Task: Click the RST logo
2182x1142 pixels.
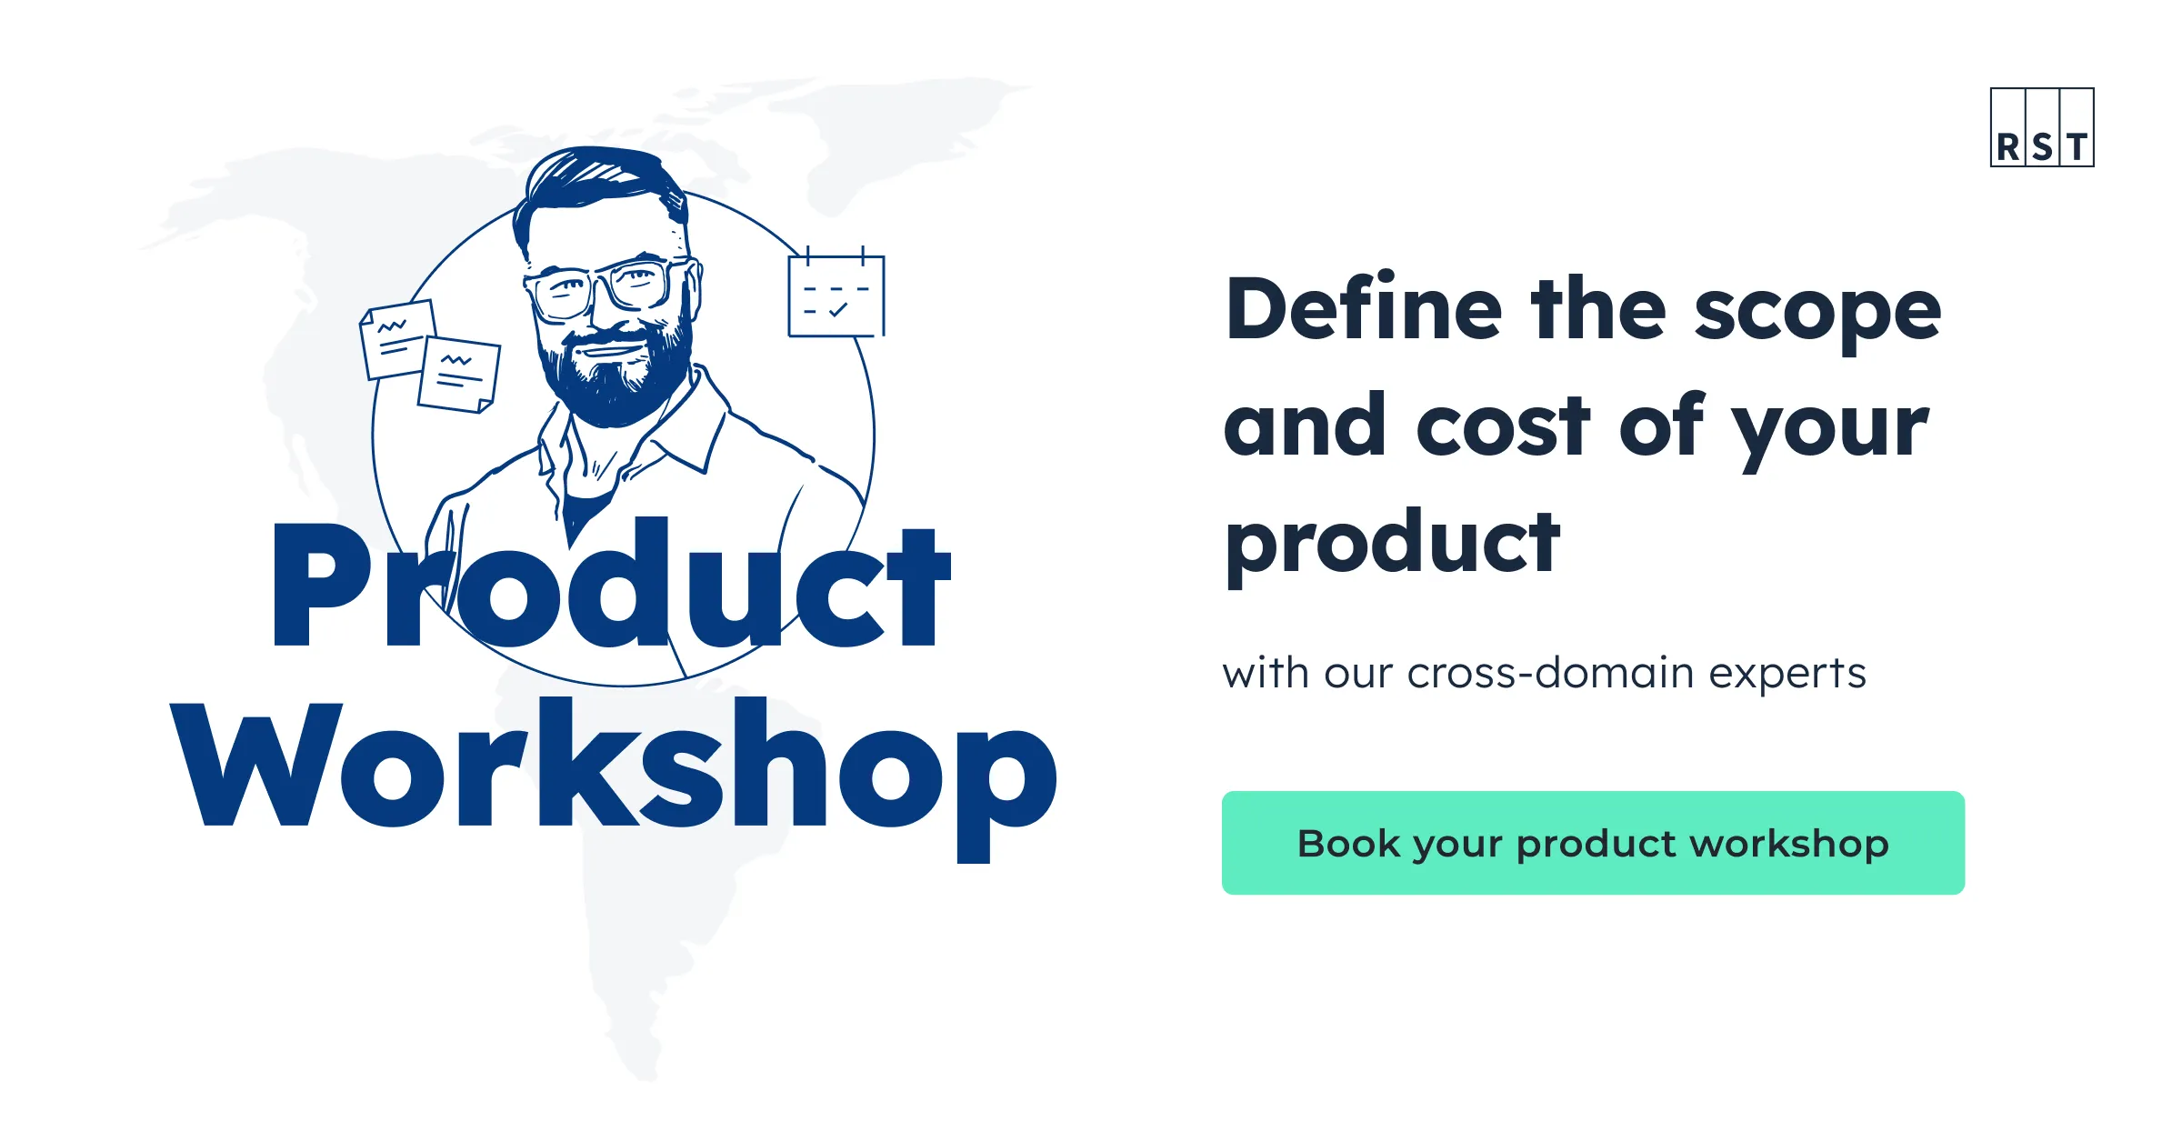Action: pyautogui.click(x=2041, y=127)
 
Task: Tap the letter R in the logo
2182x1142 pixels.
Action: pyautogui.click(x=2007, y=147)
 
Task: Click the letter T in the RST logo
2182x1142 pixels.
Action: pyautogui.click(x=2077, y=147)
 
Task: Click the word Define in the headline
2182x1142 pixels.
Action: pyautogui.click(x=1364, y=309)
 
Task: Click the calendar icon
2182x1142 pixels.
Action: pyautogui.click(x=836, y=295)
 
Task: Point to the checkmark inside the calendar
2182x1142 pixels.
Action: pyautogui.click(x=838, y=310)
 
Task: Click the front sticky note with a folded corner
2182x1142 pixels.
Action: pyautogui.click(x=459, y=374)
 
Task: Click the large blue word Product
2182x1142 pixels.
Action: pyautogui.click(x=609, y=586)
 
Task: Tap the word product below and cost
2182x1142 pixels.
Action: pyautogui.click(x=1391, y=544)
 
